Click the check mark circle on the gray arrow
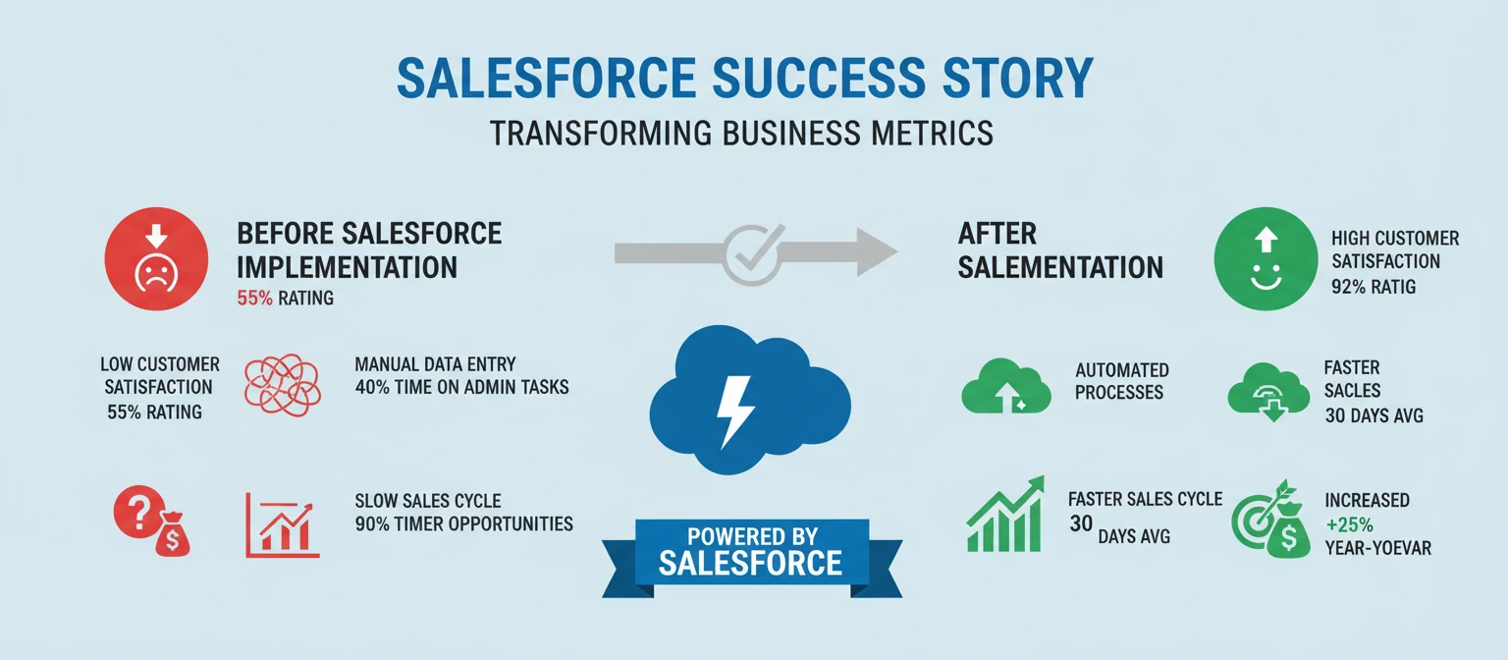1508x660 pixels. (x=752, y=251)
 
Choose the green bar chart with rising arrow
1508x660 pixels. (x=1003, y=515)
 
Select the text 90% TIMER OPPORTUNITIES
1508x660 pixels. (x=463, y=523)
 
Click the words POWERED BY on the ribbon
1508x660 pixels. (x=750, y=536)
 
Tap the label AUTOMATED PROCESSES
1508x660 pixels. (x=1121, y=381)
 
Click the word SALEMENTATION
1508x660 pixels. (x=1060, y=266)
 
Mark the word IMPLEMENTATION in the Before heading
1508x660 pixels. (x=347, y=266)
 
